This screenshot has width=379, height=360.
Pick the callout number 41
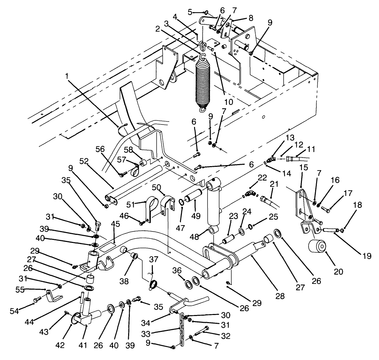click(x=83, y=345)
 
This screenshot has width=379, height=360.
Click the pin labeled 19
click(x=329, y=229)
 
